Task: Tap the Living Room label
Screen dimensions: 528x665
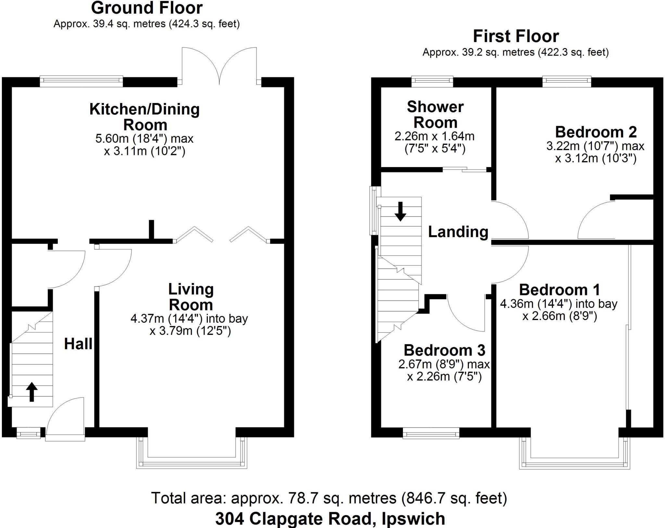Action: point(191,297)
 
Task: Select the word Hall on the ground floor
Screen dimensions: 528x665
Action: point(78,344)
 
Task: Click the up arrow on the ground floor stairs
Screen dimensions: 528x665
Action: point(31,392)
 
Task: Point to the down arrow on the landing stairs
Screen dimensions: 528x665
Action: point(400,212)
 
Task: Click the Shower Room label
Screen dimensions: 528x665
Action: point(435,115)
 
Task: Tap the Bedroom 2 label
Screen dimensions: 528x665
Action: point(596,132)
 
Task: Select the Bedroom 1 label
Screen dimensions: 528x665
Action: point(559,290)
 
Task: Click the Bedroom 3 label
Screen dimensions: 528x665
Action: point(444,350)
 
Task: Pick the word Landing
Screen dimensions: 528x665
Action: point(458,232)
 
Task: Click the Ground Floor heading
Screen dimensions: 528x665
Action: point(147,8)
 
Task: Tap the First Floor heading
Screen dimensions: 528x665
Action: point(516,36)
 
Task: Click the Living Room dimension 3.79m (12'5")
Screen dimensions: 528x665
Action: point(190,331)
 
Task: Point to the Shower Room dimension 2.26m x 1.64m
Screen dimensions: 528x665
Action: point(434,136)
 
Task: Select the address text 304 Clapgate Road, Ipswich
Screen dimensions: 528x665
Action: point(330,519)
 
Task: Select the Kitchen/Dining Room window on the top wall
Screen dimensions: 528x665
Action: point(81,81)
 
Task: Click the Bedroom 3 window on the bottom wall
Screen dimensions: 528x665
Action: point(431,433)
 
